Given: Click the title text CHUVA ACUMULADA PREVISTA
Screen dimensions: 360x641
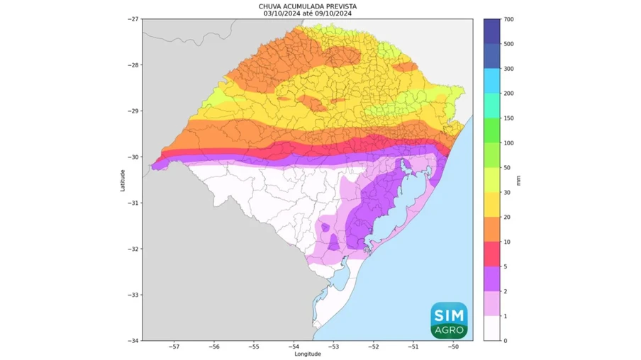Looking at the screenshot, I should (307, 6).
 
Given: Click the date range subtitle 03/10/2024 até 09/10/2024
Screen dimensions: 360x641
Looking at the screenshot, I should (307, 13).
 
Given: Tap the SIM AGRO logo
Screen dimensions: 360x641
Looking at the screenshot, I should (448, 319).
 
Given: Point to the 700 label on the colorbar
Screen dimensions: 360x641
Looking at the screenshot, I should (508, 19).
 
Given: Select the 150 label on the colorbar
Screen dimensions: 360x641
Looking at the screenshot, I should (508, 118).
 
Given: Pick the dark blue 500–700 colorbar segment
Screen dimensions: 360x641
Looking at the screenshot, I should (493, 31).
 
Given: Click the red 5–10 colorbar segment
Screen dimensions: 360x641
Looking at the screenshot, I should (493, 254).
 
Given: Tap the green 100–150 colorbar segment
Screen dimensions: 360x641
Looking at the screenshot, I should (493, 130).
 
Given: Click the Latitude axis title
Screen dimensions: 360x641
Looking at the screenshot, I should (123, 179).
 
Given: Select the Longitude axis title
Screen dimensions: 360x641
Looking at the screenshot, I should (307, 354).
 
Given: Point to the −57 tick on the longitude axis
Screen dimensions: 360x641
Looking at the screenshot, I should (174, 347).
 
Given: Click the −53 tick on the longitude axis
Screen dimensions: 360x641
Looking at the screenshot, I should (334, 347).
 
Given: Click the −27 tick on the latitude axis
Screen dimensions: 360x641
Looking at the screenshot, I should (133, 19).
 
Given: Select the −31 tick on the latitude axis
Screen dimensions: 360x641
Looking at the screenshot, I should (133, 203).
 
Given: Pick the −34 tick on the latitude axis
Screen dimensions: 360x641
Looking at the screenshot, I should (133, 340).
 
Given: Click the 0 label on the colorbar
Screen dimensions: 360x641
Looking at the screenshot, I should (505, 341).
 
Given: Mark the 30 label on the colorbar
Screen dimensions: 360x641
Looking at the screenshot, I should (506, 192).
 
